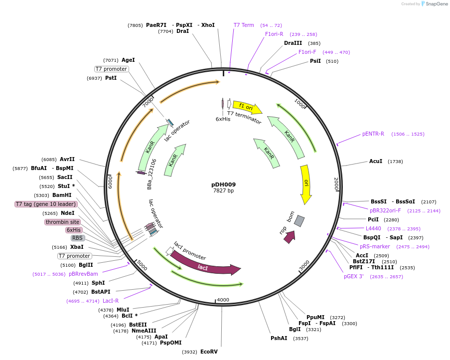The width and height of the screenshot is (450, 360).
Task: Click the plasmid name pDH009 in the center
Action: (x=223, y=184)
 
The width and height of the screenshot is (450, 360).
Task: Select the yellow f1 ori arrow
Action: (x=247, y=106)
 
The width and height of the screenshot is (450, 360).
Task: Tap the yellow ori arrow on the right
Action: (x=306, y=183)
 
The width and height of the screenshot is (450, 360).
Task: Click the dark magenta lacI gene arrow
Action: (x=204, y=266)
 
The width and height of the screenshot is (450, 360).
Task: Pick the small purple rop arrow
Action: (x=289, y=237)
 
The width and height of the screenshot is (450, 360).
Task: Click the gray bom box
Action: (x=299, y=220)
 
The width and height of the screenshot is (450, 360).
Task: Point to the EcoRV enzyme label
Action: (x=209, y=352)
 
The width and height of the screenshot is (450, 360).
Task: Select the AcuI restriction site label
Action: (x=376, y=161)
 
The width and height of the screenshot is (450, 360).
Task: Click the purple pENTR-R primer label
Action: (x=373, y=134)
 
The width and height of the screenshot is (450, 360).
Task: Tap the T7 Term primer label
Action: (x=244, y=25)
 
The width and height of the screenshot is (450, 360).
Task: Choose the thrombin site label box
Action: (x=62, y=222)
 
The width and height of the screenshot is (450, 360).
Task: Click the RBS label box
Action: (x=77, y=238)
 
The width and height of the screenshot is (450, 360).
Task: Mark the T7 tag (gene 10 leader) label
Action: (x=46, y=204)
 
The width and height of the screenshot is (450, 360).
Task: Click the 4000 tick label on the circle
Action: (x=223, y=300)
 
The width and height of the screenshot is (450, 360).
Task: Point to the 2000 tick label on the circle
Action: (x=336, y=183)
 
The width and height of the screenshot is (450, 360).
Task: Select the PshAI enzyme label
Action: (x=279, y=338)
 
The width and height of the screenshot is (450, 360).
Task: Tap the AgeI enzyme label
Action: (x=128, y=60)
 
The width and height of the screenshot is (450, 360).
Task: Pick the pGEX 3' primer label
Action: (x=354, y=276)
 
